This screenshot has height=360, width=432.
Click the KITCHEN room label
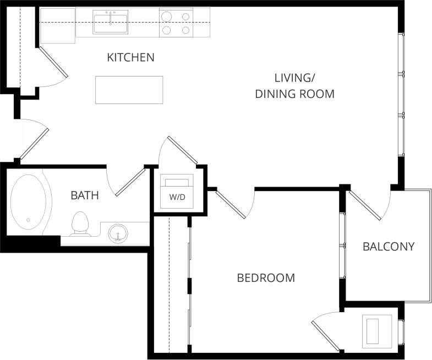130,57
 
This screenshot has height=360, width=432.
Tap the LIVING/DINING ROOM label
294,85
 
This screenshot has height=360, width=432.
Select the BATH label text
85,195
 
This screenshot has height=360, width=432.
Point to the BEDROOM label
265,278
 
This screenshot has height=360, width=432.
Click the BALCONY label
388,246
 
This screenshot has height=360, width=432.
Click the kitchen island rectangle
129,90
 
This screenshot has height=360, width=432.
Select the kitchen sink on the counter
111,23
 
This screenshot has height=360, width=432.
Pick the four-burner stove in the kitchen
176,23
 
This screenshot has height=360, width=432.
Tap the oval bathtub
29,203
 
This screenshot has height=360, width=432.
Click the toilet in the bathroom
80,223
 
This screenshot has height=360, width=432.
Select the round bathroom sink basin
117,233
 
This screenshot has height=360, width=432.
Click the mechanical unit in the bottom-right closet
377,330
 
